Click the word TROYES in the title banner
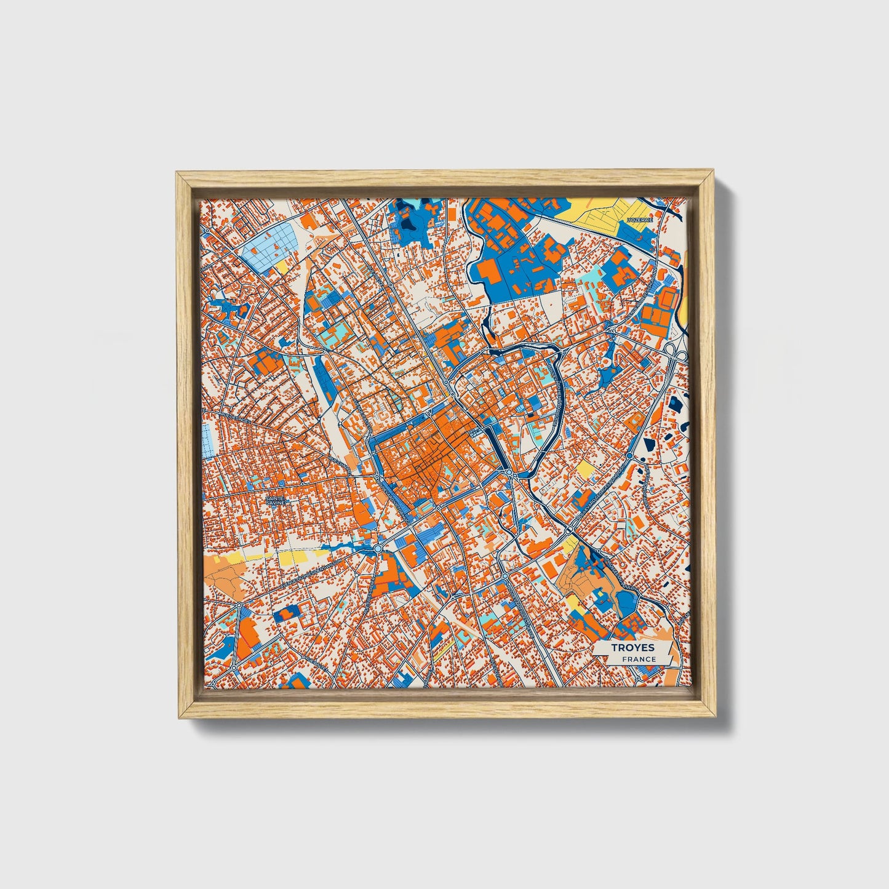pos(632,648)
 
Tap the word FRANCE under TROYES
pos(638,660)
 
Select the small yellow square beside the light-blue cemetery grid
pos(282,267)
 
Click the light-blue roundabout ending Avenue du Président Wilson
pos(377,548)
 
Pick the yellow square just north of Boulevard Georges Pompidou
pos(585,470)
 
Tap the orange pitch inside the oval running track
pos(669,301)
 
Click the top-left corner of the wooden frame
pos(177,173)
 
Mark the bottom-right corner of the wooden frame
pos(716,717)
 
